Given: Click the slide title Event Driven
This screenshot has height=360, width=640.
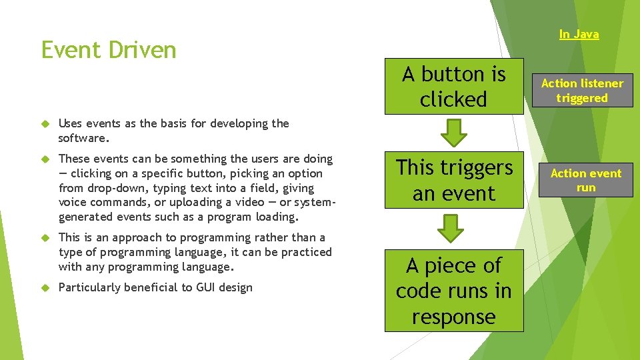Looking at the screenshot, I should [x=109, y=50].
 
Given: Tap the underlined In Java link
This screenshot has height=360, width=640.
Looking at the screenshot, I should [x=579, y=34].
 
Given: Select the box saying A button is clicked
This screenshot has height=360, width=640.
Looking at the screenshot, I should [x=454, y=86].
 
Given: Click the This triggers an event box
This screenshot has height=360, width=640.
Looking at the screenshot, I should [x=454, y=180].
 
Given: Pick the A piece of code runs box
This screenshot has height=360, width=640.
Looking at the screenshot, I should [x=454, y=291].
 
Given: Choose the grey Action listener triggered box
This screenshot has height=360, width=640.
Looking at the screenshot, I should [x=582, y=91].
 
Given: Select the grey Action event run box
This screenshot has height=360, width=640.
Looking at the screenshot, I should [x=585, y=180].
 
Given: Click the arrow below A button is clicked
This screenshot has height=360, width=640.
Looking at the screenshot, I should [x=453, y=133].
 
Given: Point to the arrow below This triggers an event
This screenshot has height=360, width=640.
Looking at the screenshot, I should [x=453, y=227].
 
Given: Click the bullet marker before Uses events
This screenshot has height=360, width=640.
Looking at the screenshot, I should [x=45, y=123].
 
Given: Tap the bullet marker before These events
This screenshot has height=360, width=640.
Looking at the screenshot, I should [x=45, y=159].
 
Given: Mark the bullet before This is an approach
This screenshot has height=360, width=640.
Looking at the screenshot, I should [x=45, y=238].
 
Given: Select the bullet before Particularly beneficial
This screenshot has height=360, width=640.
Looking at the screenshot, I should [x=45, y=288].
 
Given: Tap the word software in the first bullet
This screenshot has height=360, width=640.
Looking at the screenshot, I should [x=83, y=138].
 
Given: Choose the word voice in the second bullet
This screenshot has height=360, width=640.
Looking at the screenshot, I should [x=73, y=202].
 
